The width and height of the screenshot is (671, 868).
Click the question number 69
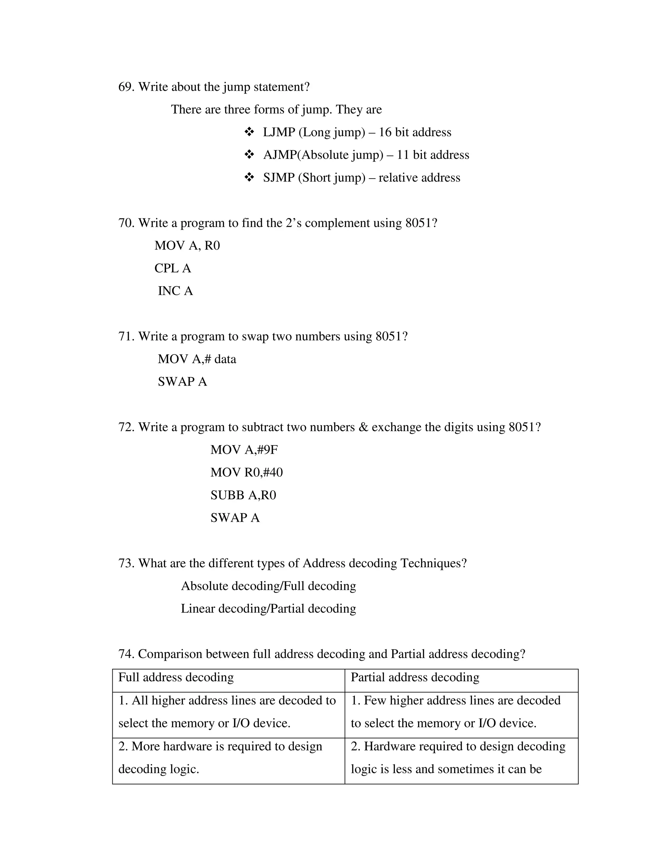point(126,87)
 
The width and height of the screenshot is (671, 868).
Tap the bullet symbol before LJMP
point(249,132)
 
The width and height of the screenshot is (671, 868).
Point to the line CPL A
point(173,268)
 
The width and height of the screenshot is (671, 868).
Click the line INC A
point(175,291)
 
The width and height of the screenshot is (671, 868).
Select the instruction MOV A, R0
point(187,246)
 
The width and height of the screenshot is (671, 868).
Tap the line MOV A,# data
point(197,359)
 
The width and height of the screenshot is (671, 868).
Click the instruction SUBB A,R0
point(243,495)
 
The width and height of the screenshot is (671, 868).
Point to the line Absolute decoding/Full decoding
point(268,586)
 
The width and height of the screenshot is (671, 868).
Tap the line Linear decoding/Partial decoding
point(268,609)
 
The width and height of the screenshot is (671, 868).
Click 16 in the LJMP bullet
point(385,132)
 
